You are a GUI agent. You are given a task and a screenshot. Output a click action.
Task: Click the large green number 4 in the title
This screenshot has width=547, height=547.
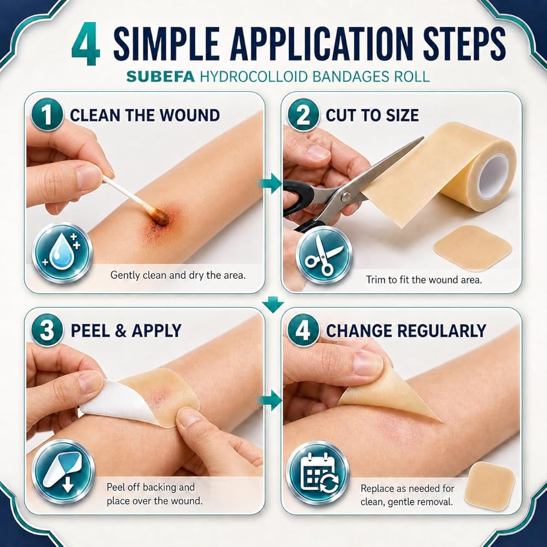coord(86,44)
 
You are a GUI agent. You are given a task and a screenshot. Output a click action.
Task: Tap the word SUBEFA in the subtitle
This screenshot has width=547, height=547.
coord(160,77)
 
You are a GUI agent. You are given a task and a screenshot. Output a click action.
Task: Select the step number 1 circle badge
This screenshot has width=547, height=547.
coord(47,114)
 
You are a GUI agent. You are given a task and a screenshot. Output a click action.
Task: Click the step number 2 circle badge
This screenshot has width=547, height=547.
coord(303,114)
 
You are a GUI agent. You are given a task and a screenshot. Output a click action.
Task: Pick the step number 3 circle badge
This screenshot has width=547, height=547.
coord(47,330)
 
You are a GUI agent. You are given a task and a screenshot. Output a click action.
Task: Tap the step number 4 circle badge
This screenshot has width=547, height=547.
coord(303,330)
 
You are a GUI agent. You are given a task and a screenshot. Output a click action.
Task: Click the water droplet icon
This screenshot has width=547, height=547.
coord(62,252)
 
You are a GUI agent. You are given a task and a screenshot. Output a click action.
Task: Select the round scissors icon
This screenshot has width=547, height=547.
coord(324,255)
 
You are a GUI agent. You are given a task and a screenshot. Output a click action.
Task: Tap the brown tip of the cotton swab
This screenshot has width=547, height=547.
coord(160,217)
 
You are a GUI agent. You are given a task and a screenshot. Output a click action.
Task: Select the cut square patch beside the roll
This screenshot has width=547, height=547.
coord(473,247)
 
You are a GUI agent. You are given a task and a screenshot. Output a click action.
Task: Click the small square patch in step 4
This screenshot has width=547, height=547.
coord(490,486)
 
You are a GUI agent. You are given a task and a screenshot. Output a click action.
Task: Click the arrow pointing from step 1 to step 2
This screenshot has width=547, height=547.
coord(270,183)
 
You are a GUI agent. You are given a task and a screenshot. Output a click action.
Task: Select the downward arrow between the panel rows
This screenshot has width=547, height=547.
coord(273,304)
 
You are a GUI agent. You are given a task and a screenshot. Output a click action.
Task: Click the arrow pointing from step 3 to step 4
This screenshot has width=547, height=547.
coord(270,400)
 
